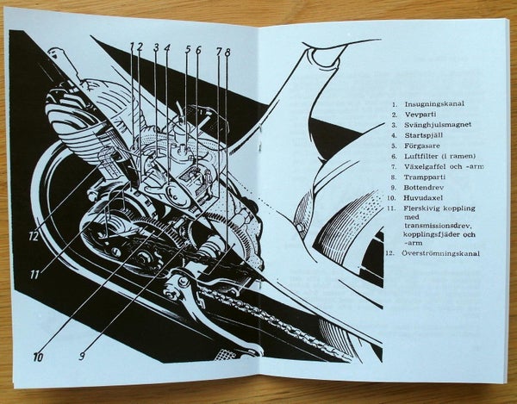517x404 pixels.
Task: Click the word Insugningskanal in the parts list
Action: tap(434, 104)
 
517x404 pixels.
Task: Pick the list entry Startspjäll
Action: tap(424, 135)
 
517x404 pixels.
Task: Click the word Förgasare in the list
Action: tap(422, 146)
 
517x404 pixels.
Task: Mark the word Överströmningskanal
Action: tap(441, 253)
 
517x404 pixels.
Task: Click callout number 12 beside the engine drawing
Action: tap(34, 236)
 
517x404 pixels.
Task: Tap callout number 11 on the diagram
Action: tap(35, 275)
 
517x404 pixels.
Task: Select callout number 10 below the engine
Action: tap(38, 357)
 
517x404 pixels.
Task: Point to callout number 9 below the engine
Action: tap(83, 356)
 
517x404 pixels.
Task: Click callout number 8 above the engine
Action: tap(227, 52)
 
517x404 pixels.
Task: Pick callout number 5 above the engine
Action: tap(188, 49)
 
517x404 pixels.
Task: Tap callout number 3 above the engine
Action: tap(156, 47)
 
